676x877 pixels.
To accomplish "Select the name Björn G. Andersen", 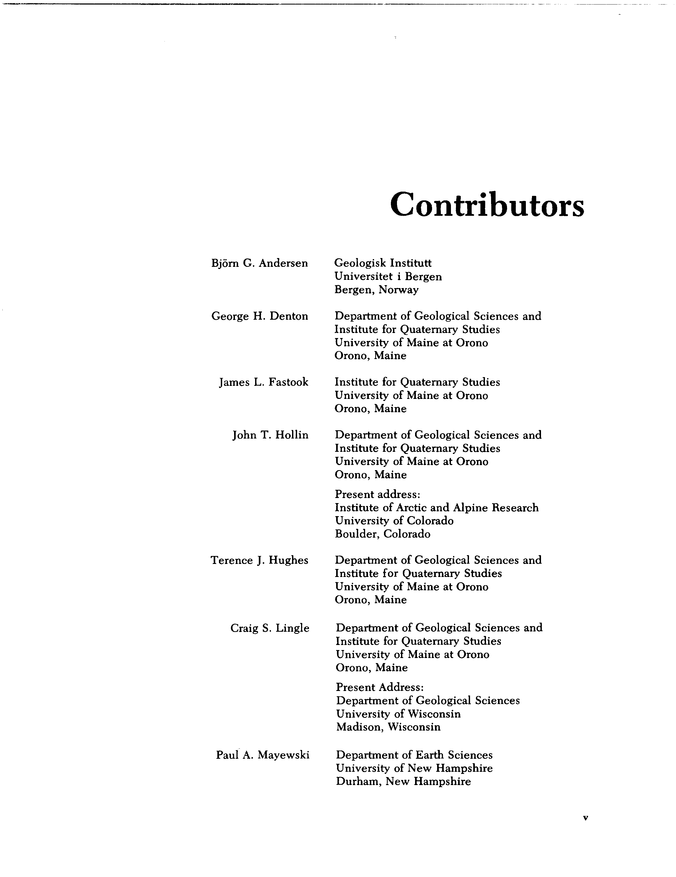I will pyautogui.click(x=259, y=263).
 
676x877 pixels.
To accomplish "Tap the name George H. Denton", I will pyautogui.click(x=259, y=317).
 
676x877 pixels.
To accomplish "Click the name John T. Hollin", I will pyautogui.click(x=270, y=435).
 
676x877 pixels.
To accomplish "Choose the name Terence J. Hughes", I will pyautogui.click(x=259, y=560).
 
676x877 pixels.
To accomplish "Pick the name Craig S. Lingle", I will pyautogui.click(x=270, y=628).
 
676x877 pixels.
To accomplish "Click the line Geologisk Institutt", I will pyautogui.click(x=383, y=263).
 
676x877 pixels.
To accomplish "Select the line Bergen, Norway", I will pyautogui.click(x=376, y=290).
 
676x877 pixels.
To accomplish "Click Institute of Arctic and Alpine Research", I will pyautogui.click(x=436, y=508).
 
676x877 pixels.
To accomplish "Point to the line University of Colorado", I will pyautogui.click(x=394, y=521).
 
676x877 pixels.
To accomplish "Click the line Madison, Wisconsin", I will pyautogui.click(x=388, y=727).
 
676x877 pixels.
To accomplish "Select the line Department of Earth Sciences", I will pyautogui.click(x=414, y=755).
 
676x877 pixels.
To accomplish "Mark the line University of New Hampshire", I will pyautogui.click(x=414, y=768).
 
